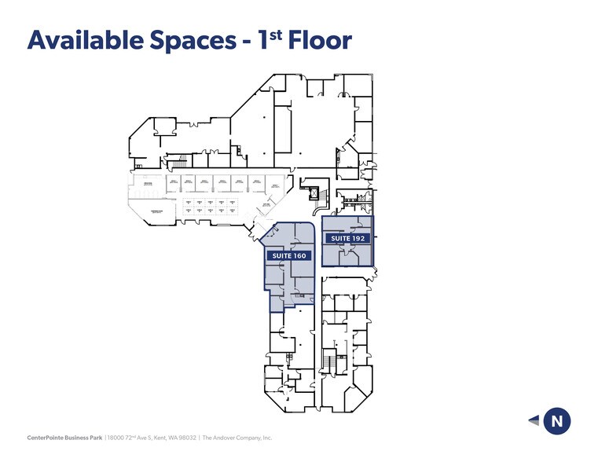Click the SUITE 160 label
click(x=288, y=256)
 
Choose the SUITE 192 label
click(x=348, y=238)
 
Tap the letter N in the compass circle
click(x=557, y=421)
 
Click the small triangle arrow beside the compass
click(x=534, y=421)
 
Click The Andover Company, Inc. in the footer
click(x=237, y=438)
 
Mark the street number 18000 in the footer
click(x=116, y=438)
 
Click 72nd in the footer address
click(x=132, y=438)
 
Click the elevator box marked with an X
click(x=317, y=191)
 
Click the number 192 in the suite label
click(x=358, y=238)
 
